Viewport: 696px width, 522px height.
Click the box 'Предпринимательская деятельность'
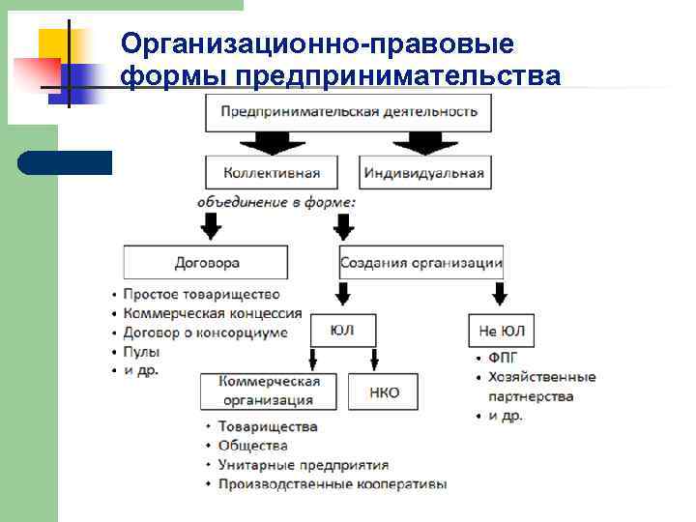click(349, 112)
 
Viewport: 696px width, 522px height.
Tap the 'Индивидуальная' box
click(423, 174)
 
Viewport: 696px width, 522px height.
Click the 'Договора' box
click(206, 262)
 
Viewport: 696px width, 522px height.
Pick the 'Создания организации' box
click(421, 262)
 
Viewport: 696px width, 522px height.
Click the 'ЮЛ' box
click(341, 331)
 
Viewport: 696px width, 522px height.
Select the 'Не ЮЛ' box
click(501, 332)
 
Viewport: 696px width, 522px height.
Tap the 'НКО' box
click(384, 392)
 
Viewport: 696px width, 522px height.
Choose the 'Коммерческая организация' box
click(269, 391)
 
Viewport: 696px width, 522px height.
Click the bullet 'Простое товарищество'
click(202, 294)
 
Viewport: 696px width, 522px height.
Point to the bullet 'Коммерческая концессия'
click(213, 313)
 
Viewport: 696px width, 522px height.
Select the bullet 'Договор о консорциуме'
click(206, 333)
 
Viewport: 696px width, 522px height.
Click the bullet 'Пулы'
click(140, 351)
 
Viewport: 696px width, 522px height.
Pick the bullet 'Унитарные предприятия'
click(303, 465)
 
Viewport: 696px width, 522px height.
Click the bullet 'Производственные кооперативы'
click(332, 484)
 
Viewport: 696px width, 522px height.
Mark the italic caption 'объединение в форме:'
click(276, 203)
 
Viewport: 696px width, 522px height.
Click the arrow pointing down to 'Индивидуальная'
click(425, 143)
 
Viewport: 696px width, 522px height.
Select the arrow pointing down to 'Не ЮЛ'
click(500, 293)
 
